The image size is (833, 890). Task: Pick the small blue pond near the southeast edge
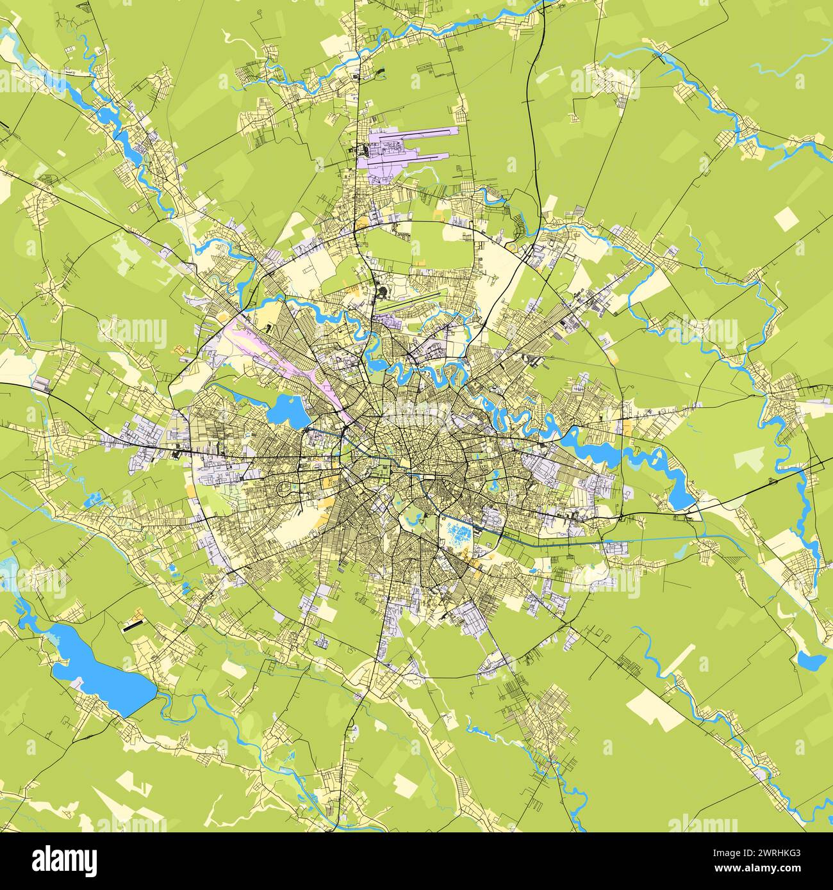click(809, 660)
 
